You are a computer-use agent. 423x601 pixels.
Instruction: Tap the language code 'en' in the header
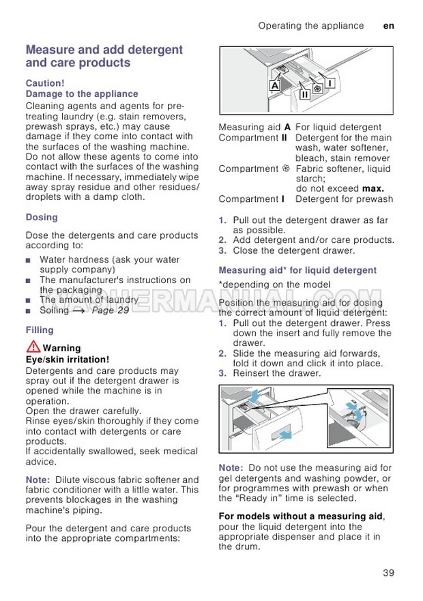389,26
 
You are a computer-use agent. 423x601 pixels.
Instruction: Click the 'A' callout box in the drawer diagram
274,86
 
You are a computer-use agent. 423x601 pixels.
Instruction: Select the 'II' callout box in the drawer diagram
304,94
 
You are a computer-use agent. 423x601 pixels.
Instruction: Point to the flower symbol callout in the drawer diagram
317,89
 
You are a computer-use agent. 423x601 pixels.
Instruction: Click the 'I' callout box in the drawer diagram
330,83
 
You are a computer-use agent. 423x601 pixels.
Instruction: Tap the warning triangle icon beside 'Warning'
31,347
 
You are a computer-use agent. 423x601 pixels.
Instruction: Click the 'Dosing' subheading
42,218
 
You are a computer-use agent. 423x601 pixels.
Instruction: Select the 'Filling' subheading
40,330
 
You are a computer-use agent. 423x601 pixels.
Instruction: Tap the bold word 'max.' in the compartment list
373,188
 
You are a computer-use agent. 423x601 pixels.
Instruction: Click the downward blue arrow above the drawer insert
254,397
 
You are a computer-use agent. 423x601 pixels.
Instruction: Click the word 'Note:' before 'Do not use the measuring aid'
231,468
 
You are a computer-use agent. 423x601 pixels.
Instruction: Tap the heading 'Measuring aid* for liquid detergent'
297,270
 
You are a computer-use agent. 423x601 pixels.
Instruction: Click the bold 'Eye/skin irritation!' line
67,359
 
